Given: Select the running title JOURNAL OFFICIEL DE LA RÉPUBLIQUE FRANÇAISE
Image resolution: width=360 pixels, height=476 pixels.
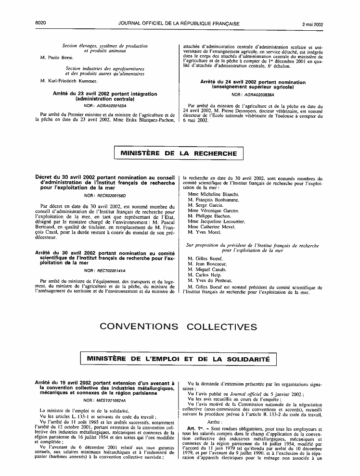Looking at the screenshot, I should click(179, 10).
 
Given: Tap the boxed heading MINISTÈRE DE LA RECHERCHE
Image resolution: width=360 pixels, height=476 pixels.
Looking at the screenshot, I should click(179, 154).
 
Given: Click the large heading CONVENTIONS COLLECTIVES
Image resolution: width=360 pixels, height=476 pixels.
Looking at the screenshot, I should click(178, 327).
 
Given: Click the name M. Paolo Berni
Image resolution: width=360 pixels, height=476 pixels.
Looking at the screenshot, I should click(57, 57).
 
